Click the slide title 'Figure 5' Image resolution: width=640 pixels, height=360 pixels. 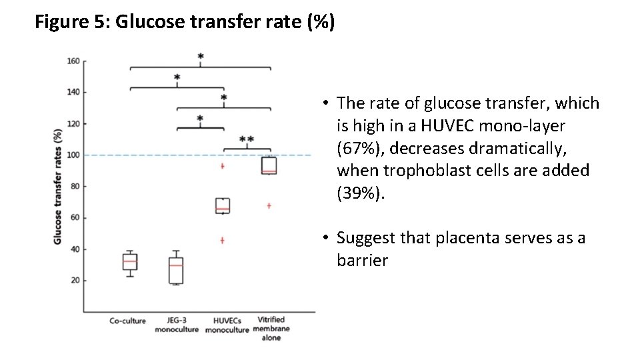tap(185, 23)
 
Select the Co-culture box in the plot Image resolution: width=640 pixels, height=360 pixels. tap(130, 262)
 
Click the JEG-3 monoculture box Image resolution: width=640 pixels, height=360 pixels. tap(176, 270)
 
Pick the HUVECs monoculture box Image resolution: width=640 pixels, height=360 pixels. tap(222, 205)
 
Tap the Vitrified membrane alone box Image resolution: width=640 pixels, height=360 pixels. tap(269, 165)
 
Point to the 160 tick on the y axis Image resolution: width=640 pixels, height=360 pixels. tap(73, 61)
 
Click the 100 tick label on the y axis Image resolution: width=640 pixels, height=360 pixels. tap(73, 155)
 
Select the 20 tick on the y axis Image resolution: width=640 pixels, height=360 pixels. tap(75, 281)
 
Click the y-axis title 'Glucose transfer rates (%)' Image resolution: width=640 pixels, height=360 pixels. tap(57, 186)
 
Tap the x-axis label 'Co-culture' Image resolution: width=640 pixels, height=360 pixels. tap(127, 321)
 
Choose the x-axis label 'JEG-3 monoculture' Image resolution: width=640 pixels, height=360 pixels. tap(177, 325)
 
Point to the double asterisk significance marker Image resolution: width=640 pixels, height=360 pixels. tap(246, 140)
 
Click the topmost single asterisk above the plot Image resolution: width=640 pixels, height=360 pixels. tap(201, 57)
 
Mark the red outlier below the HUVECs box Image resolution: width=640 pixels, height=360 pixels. tap(222, 240)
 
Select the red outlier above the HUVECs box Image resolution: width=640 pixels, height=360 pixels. tap(222, 166)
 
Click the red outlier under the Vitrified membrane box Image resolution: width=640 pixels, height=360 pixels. tap(269, 206)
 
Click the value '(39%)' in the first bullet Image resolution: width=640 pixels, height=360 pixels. tap(359, 193)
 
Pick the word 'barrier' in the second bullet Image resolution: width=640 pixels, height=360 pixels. tap(362, 261)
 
